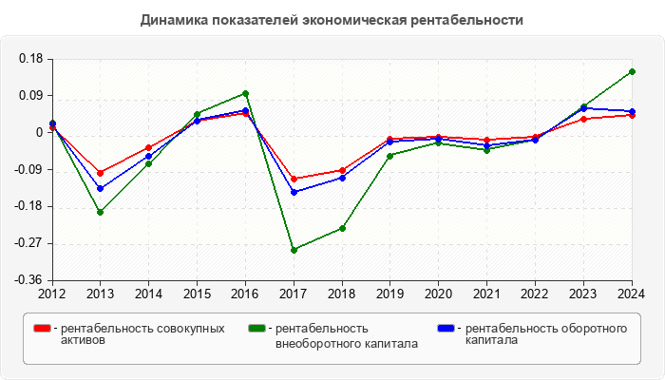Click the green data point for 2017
coord(294,250)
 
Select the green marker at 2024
coord(633,71)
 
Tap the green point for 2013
coord(101,212)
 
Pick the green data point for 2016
coord(245,93)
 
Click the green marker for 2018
coord(342,228)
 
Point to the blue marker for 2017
coord(294,192)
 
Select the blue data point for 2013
coord(101,188)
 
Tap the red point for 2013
coord(101,173)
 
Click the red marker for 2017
coord(294,179)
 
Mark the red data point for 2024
coord(633,115)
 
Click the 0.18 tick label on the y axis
coord(31,59)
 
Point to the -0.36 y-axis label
coord(29,280)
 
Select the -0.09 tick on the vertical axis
coord(29,170)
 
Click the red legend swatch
coord(42,329)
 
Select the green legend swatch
coord(256,329)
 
